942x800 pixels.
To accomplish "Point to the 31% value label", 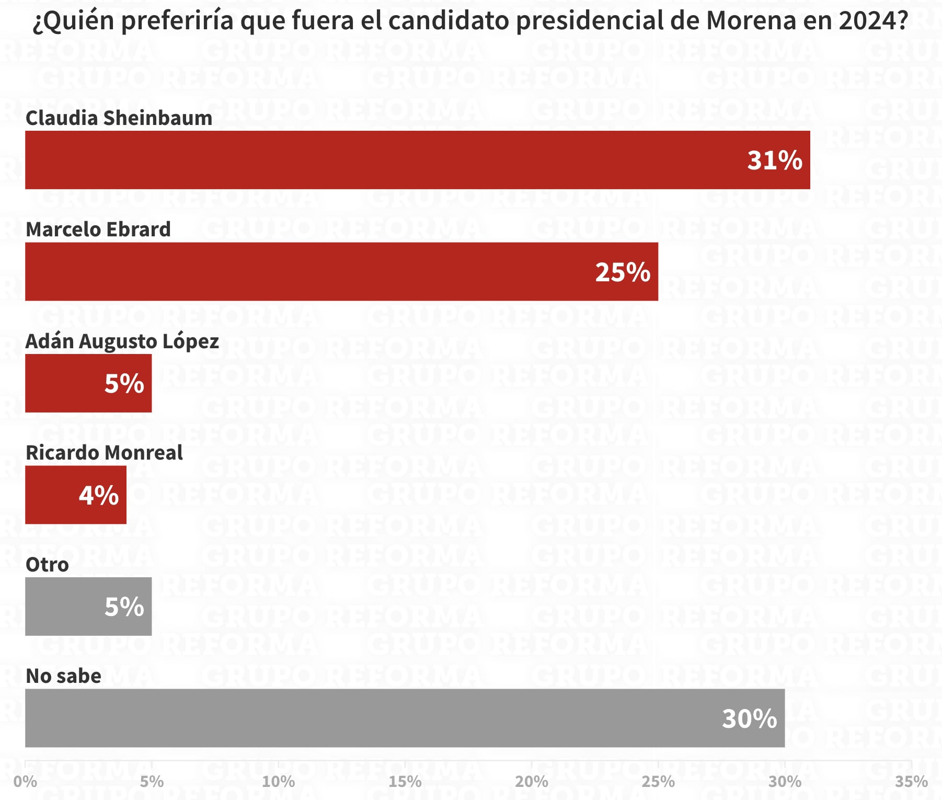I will coord(774,160).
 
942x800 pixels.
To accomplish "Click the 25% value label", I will coord(622,272).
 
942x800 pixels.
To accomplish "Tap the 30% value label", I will coord(749,718).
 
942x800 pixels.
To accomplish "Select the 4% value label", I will coord(98,495).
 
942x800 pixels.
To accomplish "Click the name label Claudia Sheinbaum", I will coord(119,118).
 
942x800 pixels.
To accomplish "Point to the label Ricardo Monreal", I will coord(104,453).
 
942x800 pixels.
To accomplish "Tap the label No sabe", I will coord(63,676).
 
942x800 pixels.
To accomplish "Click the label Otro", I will coord(47,565).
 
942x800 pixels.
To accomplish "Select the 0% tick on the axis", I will coord(25,782).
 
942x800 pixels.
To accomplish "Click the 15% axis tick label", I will coord(405,782).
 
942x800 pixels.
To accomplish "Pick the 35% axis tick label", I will coord(911,782).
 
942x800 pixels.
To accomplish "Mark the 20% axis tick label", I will coord(531,782).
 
